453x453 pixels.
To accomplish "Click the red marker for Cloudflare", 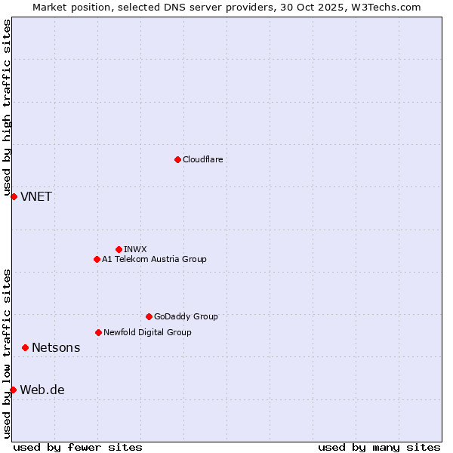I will (177, 159).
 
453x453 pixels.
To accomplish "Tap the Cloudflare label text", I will (202, 159).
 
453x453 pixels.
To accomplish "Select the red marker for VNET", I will (14, 196).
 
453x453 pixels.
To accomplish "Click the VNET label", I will (36, 197).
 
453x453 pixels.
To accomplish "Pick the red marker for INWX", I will (119, 249).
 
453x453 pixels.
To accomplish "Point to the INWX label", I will (135, 249).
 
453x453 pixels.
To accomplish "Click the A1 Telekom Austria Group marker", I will (97, 259).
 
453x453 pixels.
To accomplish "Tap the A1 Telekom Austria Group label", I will (154, 259).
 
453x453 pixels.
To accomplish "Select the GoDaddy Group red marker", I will (149, 316).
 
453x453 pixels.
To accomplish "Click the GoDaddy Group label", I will (186, 316).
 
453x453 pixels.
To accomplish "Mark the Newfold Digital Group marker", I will (98, 332).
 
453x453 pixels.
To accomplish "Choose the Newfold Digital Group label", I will (147, 332).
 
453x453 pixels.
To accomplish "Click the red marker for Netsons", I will (25, 347).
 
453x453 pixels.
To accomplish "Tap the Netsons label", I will (56, 348).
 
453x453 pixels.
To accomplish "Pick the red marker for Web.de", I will (13, 390).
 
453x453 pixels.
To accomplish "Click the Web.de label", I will (42, 390).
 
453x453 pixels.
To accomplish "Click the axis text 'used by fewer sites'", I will (78, 447).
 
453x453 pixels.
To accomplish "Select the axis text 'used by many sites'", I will (379, 447).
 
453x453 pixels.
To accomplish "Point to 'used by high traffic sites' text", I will (7, 106).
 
